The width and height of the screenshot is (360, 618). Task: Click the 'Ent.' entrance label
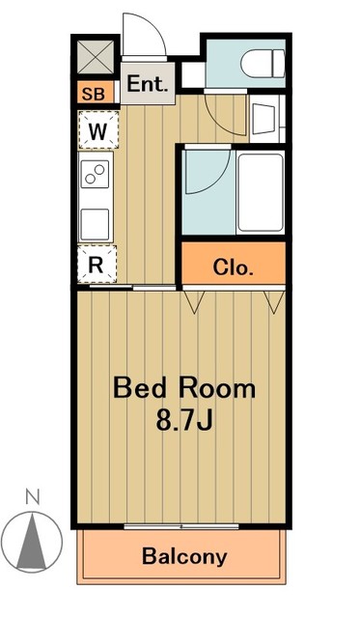coord(147,84)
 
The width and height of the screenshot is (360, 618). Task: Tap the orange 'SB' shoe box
coord(95,94)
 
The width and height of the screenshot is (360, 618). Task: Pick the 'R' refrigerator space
coord(97,262)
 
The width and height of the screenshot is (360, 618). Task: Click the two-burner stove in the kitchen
coord(97,177)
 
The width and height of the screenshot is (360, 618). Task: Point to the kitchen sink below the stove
coord(97,223)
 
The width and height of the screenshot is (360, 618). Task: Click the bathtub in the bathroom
coord(259,192)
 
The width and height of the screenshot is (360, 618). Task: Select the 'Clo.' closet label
coord(234,267)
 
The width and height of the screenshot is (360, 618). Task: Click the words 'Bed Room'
coord(184,389)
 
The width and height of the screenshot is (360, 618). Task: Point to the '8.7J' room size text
coord(184,422)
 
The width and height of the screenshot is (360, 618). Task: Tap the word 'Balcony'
coord(184,556)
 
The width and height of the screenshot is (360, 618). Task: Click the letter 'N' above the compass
coord(32,497)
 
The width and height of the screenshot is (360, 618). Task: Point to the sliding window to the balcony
coord(183,526)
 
